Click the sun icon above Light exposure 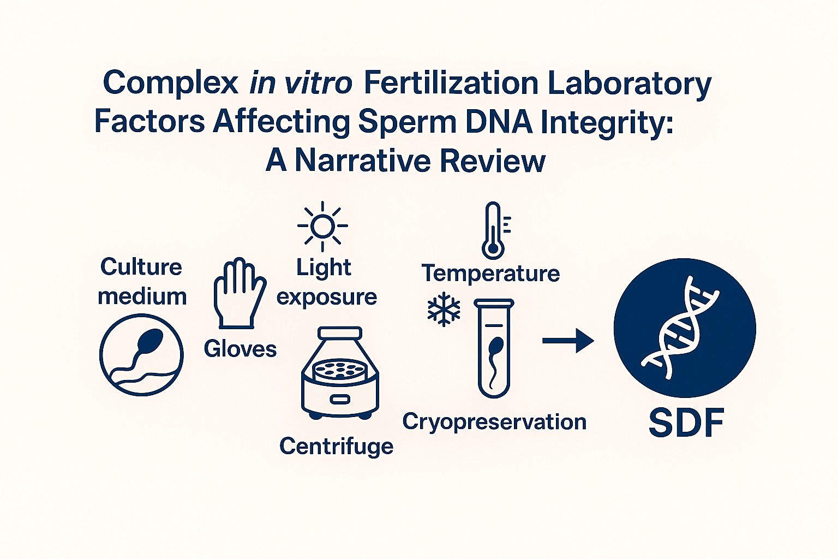322,226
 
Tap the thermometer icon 494,230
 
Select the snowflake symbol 444,309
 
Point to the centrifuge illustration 340,372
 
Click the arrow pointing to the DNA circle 568,340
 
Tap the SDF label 686,423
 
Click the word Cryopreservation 494,423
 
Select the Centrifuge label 336,447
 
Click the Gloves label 240,349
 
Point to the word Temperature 491,273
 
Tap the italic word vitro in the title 318,82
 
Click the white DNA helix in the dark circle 679,328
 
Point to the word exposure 327,298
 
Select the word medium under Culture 142,296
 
